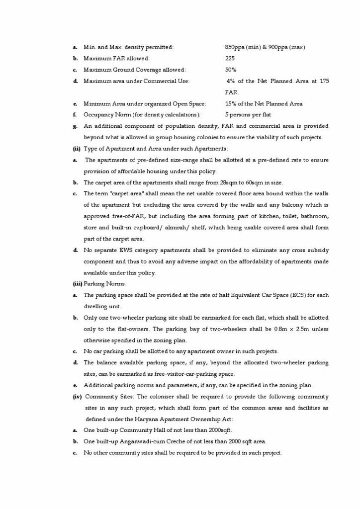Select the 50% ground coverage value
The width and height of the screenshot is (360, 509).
231,70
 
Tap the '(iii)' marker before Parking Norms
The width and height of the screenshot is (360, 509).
77,284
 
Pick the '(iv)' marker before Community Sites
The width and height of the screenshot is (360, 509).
77,396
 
